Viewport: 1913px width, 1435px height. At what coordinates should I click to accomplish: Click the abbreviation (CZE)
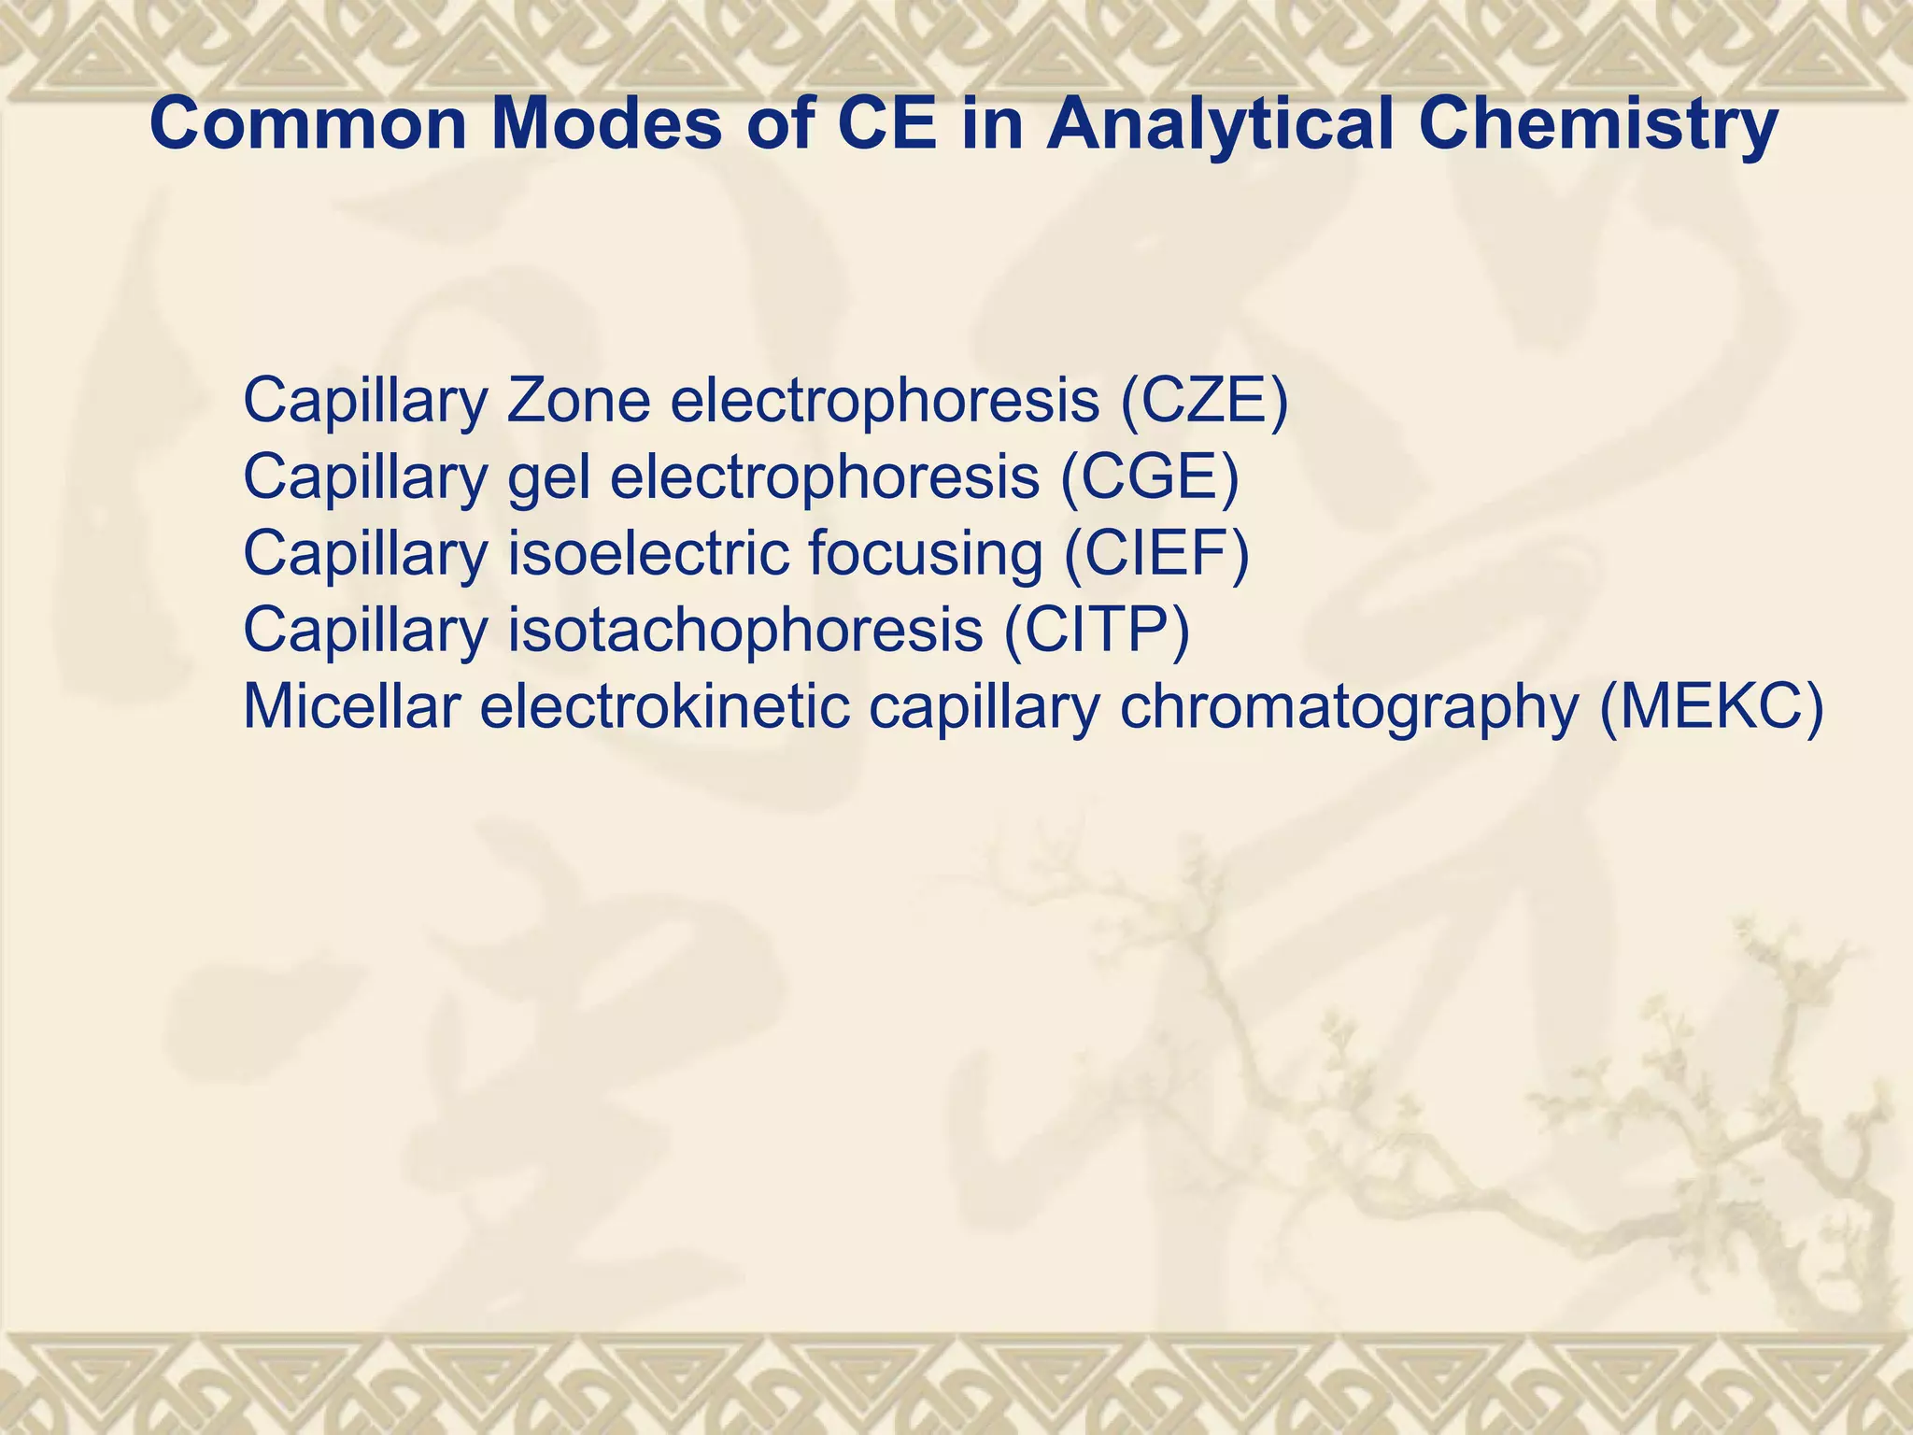pos(1204,401)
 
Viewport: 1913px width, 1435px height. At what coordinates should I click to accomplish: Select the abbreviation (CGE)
pos(1150,477)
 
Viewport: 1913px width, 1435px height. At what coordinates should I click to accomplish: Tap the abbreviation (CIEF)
pos(1156,554)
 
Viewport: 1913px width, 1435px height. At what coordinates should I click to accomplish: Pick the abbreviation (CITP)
pos(1097,631)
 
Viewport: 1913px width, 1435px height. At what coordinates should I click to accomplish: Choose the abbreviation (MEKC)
pos(1710,707)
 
